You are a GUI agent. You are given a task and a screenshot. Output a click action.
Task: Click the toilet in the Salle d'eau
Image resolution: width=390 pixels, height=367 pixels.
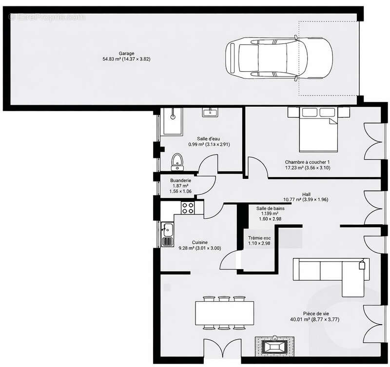pyautogui.click(x=177, y=161)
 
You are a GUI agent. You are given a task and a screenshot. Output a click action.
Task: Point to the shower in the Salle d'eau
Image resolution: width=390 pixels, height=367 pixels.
pyautogui.click(x=171, y=121)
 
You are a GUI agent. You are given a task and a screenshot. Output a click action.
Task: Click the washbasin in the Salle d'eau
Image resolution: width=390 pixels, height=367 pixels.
pyautogui.click(x=211, y=113)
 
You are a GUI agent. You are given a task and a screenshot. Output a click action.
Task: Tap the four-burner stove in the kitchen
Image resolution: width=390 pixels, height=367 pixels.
pyautogui.click(x=188, y=208)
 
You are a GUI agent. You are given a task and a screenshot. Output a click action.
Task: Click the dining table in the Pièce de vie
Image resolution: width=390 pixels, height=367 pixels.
pyautogui.click(x=224, y=312)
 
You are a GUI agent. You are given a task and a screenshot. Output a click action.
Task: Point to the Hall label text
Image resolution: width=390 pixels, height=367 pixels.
pyautogui.click(x=306, y=194)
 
